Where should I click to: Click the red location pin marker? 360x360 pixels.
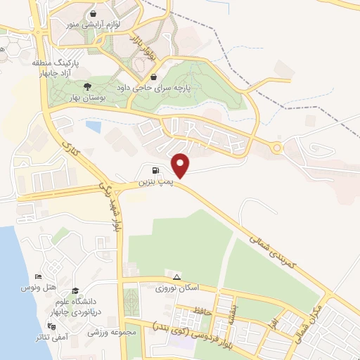click(181, 165)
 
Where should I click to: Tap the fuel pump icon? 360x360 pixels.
click(155, 169)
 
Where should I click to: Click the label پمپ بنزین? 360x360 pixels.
click(154, 183)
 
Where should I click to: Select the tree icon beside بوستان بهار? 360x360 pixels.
click(86, 86)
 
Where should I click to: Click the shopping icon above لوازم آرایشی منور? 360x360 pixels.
click(94, 13)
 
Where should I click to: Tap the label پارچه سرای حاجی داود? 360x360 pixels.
click(202, 89)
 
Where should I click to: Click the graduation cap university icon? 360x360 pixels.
click(75, 291)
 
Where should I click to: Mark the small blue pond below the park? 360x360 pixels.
click(92, 127)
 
